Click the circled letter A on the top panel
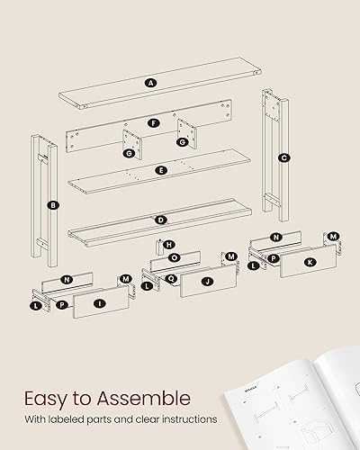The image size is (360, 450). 150,83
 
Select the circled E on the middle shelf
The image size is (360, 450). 161,169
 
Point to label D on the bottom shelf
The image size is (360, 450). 161,219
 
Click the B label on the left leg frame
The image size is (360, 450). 54,206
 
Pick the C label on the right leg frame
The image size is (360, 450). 283,157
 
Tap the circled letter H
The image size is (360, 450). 170,244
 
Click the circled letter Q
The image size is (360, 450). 171,278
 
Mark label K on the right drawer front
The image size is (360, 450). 310,262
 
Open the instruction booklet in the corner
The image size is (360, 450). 297,405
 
